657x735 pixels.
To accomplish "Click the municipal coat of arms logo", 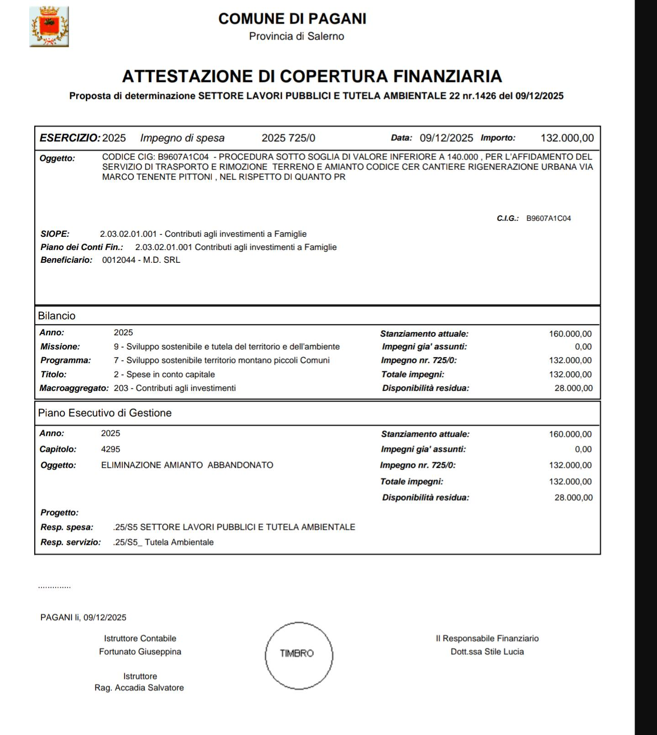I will [49, 26].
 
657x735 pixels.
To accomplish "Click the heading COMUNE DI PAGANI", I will [292, 19].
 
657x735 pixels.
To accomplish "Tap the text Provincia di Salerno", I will [296, 36].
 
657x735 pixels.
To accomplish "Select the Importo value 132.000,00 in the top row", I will [567, 138].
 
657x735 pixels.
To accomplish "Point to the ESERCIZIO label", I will [69, 138].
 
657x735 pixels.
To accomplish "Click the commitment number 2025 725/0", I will [288, 138].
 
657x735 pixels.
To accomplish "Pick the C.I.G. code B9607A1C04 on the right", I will [548, 219].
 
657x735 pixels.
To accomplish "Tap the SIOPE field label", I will [55, 234].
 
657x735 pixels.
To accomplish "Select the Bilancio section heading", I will [57, 316].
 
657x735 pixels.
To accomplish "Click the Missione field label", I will [60, 347].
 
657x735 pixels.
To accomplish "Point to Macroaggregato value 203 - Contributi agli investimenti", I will [175, 388].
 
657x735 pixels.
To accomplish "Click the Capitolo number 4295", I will [110, 449].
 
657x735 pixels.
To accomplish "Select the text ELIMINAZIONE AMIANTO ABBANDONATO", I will [187, 465].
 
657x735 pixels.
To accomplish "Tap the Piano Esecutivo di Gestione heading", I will [105, 413].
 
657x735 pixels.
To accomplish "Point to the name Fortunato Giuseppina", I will [140, 652].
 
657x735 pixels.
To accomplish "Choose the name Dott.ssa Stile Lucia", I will [487, 652].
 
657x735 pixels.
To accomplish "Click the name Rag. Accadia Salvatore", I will [139, 688].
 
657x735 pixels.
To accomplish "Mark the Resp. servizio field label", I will [70, 542].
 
